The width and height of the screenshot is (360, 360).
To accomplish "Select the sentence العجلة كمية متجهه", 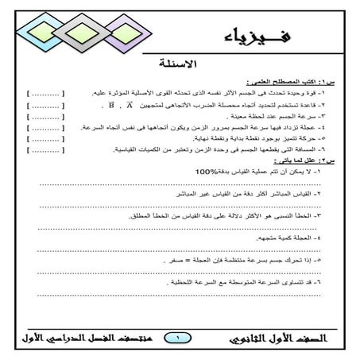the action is pyautogui.click(x=281, y=238).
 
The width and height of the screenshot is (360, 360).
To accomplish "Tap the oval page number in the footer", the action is pyautogui.click(x=180, y=338).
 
